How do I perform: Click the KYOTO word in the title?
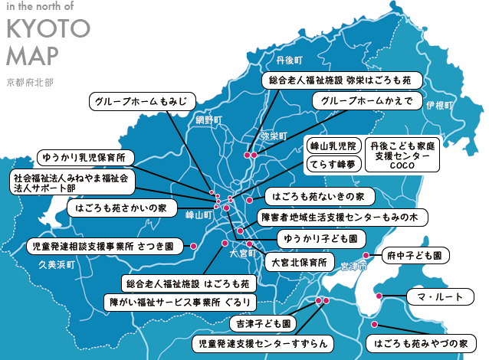48,29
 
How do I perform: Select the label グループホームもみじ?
143,102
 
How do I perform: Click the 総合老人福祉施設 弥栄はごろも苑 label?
336,79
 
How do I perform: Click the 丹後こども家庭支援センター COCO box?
402,154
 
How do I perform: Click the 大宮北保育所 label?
299,262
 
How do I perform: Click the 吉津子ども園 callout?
263,323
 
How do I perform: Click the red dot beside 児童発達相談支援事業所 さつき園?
193,247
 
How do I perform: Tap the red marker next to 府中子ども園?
366,255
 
